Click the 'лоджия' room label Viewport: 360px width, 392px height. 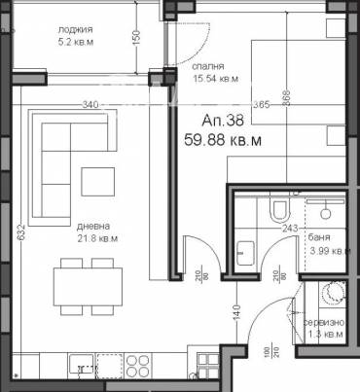coord(74,29)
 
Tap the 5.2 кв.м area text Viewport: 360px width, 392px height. coord(74,43)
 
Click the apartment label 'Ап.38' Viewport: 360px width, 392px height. coord(223,121)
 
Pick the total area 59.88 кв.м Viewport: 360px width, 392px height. coord(227,139)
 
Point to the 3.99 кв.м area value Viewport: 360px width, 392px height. coord(329,251)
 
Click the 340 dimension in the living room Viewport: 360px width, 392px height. coord(92,104)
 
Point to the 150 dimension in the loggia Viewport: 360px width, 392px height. coord(136,38)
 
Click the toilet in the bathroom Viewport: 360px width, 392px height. coord(279,209)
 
